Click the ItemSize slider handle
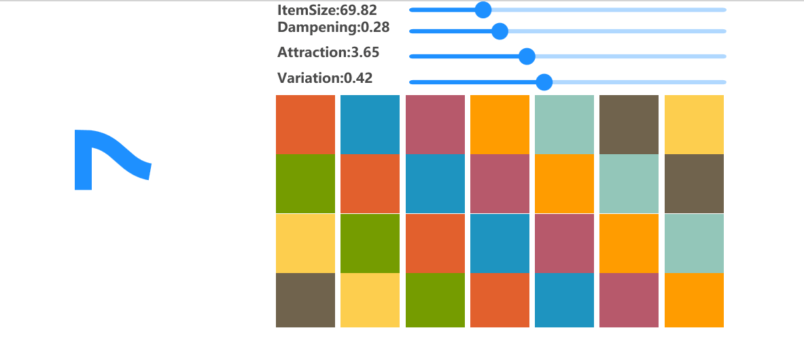[x=483, y=10]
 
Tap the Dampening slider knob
[x=500, y=31]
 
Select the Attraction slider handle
[x=527, y=56]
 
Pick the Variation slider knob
[x=544, y=82]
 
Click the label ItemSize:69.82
[x=327, y=10]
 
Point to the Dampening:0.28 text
[x=333, y=27]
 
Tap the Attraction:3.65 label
[x=328, y=52]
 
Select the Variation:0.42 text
[x=325, y=78]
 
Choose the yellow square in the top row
[x=694, y=124]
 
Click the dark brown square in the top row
[x=629, y=124]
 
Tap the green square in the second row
[x=305, y=183]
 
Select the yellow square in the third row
[x=305, y=243]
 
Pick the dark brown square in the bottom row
[x=305, y=300]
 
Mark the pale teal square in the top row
[x=564, y=124]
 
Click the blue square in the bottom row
[x=564, y=300]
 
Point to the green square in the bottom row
[x=435, y=300]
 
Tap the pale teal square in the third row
[x=694, y=243]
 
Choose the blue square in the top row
[x=370, y=124]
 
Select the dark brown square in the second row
[x=694, y=183]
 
